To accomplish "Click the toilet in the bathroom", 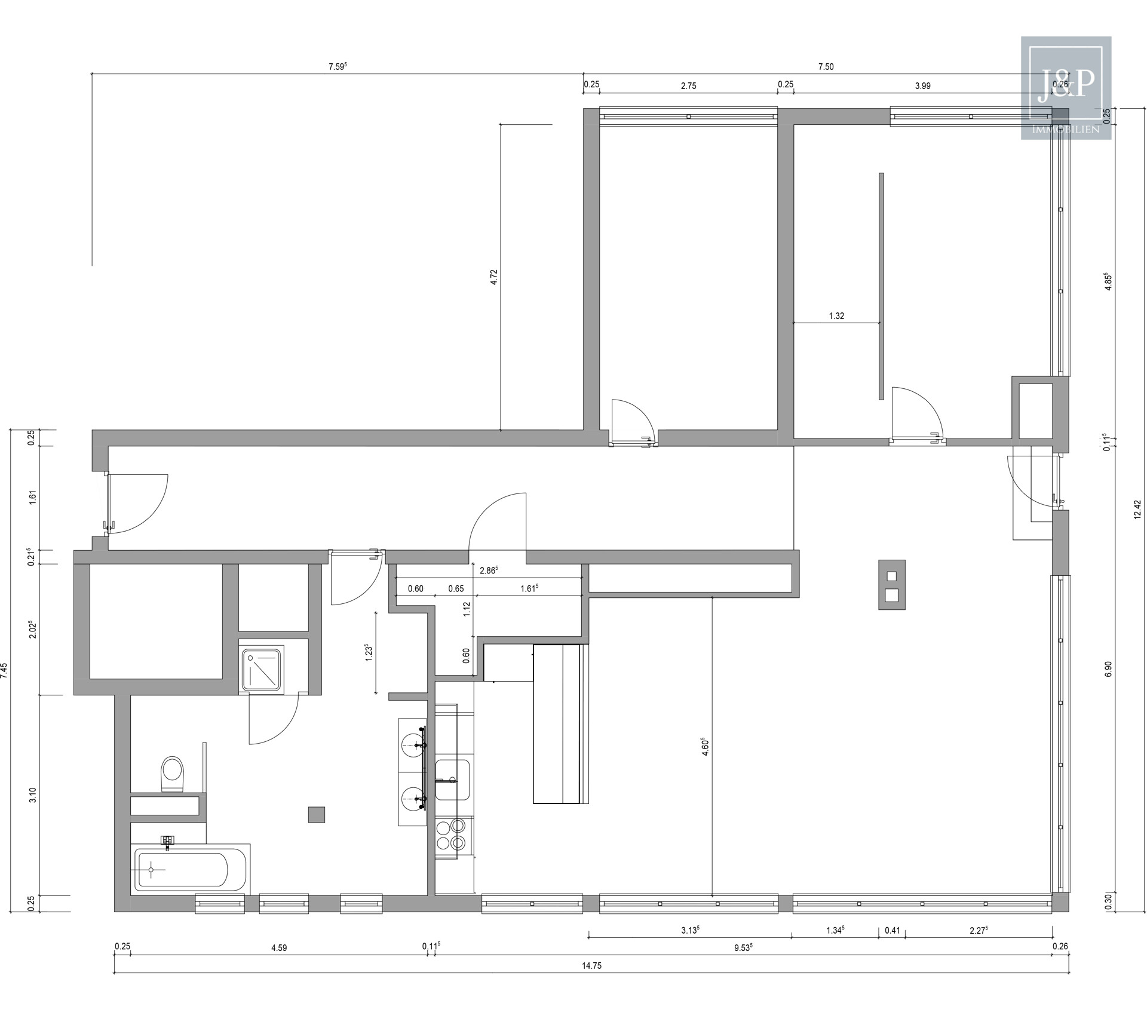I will tap(173, 774).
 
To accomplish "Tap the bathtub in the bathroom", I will tap(183, 870).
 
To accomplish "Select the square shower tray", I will tap(262, 668).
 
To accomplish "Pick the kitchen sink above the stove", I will tap(452, 780).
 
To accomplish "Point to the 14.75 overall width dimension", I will tap(591, 982).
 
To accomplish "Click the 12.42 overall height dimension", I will tap(1137, 510).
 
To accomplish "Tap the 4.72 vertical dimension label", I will tap(493, 277).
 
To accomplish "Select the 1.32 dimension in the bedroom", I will tap(836, 316).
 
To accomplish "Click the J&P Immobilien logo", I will tap(1066, 88).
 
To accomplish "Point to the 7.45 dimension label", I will tap(5, 670).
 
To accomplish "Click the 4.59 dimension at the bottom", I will tap(279, 964).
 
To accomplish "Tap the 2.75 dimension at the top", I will tap(688, 85).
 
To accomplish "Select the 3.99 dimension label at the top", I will tap(922, 85).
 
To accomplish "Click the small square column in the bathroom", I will tap(316, 815).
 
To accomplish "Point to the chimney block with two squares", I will tap(891, 585).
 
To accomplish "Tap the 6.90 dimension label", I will tap(1109, 669).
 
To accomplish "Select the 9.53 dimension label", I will tap(743, 964).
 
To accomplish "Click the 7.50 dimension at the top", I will tap(826, 67).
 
